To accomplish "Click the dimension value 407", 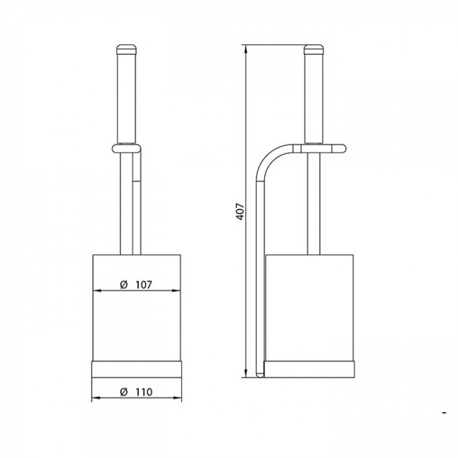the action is [x=240, y=211].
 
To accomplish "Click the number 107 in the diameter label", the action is [x=144, y=285].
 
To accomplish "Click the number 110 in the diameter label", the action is [x=144, y=392].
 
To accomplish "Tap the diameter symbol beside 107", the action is [x=124, y=285].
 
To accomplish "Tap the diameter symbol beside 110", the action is [x=124, y=392].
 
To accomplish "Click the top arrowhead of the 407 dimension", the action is [x=246, y=49].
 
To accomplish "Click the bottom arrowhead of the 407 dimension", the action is [x=246, y=373].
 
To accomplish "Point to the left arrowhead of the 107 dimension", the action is [x=97, y=290].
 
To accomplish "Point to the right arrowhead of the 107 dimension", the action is [x=176, y=290].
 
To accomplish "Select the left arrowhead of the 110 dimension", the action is [x=96, y=398].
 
